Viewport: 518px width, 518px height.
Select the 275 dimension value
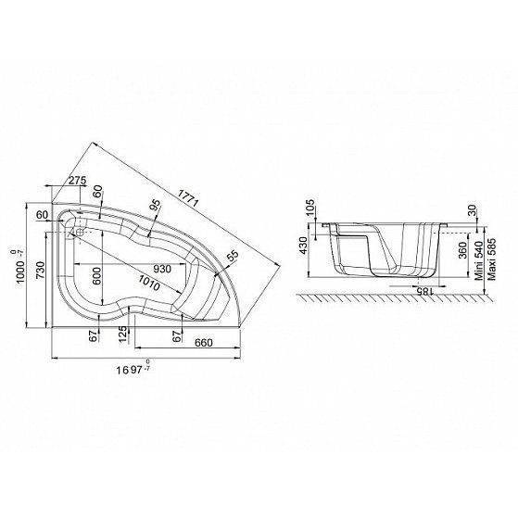click(x=78, y=180)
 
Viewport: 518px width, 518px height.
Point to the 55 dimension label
click(x=232, y=256)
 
